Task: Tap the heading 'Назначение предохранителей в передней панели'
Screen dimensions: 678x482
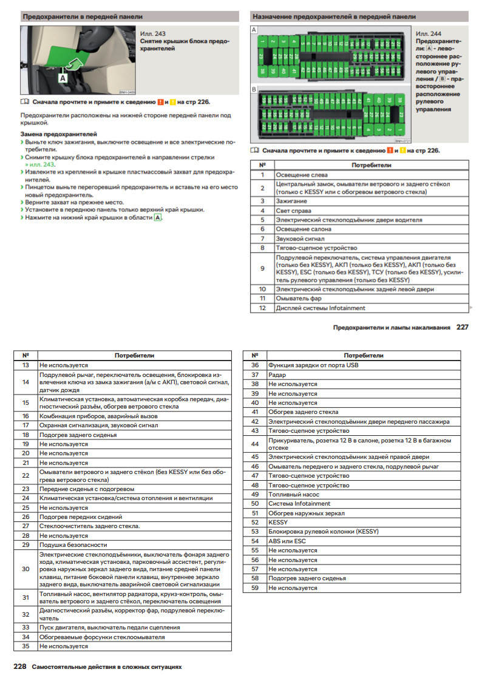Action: point(334,16)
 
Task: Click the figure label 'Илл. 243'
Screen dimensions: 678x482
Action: point(152,34)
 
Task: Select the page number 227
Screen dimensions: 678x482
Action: point(463,327)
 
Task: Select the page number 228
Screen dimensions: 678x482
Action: point(19,666)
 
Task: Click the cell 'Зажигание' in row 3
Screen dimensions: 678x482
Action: point(291,200)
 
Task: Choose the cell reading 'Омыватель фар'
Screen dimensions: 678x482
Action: point(298,299)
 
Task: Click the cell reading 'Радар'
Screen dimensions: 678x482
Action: point(277,375)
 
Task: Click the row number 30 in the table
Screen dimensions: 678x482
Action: point(25,569)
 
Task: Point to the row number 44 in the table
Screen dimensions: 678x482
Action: point(255,444)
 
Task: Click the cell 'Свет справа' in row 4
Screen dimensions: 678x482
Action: point(294,210)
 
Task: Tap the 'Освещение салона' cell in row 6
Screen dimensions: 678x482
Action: point(304,229)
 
